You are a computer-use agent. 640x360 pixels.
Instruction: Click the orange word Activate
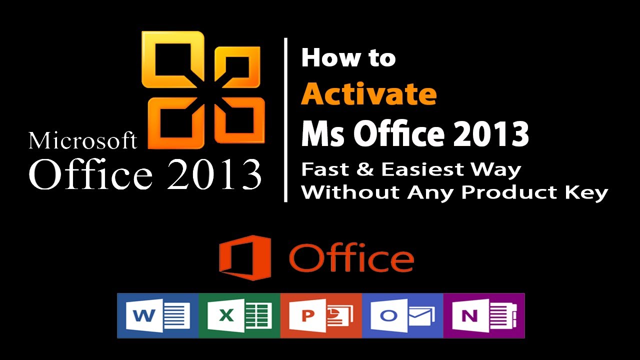[x=368, y=93]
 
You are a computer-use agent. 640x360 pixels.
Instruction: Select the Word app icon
[x=158, y=315]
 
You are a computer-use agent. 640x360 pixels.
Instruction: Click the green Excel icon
[x=239, y=315]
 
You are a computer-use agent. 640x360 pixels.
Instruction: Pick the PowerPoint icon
[x=321, y=315]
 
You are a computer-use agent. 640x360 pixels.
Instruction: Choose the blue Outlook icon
[x=402, y=315]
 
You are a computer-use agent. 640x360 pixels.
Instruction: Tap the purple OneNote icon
[x=483, y=315]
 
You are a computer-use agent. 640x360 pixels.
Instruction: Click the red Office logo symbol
[x=244, y=257]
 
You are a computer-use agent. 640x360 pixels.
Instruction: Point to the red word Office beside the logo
[x=351, y=258]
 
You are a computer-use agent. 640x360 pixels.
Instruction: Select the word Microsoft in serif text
[x=83, y=141]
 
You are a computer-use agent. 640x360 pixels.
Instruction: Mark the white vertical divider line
[x=285, y=120]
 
